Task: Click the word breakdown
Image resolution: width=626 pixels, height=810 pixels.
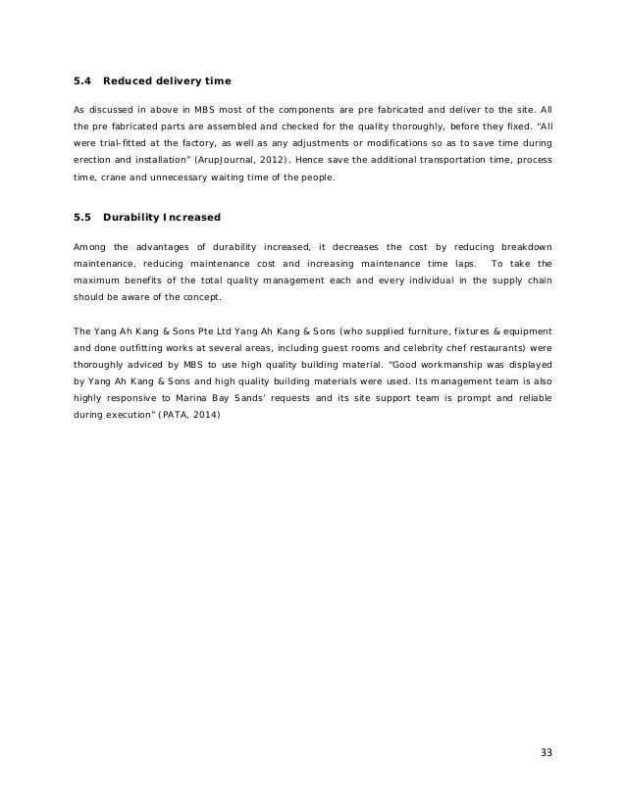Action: pos(527,243)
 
